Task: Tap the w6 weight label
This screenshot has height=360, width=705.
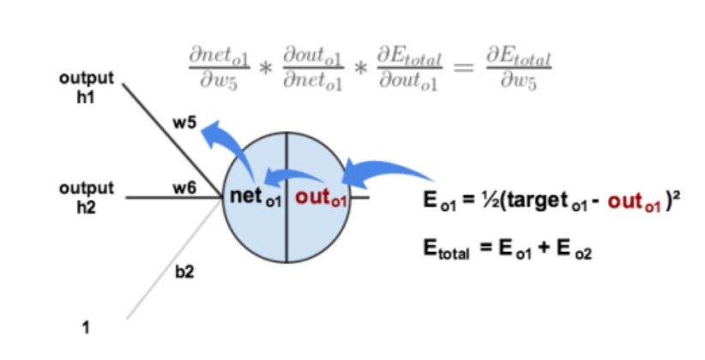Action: [x=184, y=187]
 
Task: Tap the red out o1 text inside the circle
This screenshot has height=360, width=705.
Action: [x=317, y=197]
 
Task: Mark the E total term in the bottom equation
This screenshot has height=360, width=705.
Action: [x=447, y=249]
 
